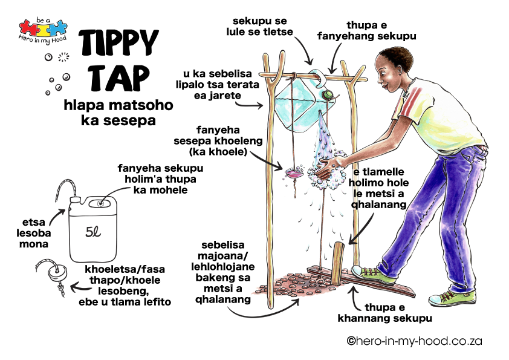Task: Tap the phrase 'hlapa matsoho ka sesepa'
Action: [x=118, y=113]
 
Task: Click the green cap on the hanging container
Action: [x=329, y=96]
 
